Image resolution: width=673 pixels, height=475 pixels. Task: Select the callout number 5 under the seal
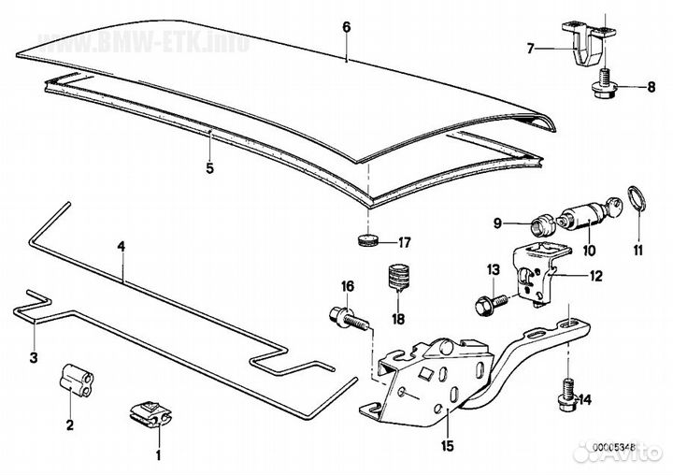pos(210,169)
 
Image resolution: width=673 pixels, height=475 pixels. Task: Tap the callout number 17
pos(404,243)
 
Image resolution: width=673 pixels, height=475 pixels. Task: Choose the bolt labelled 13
pos(485,302)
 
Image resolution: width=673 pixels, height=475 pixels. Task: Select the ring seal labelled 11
pos(638,200)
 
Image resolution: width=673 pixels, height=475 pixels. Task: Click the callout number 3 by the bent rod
pos(32,357)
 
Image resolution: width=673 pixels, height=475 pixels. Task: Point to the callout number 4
pos(121,246)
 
